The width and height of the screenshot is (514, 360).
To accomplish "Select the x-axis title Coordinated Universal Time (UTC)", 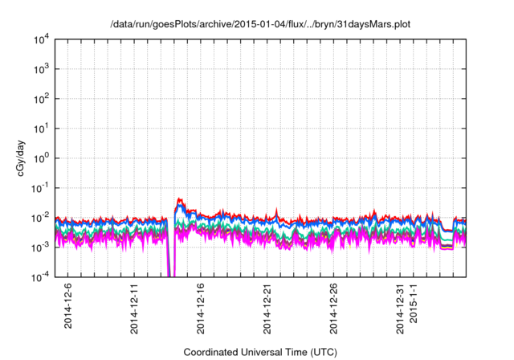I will point(259,352).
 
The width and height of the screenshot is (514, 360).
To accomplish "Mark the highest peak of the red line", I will point(181,198).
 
